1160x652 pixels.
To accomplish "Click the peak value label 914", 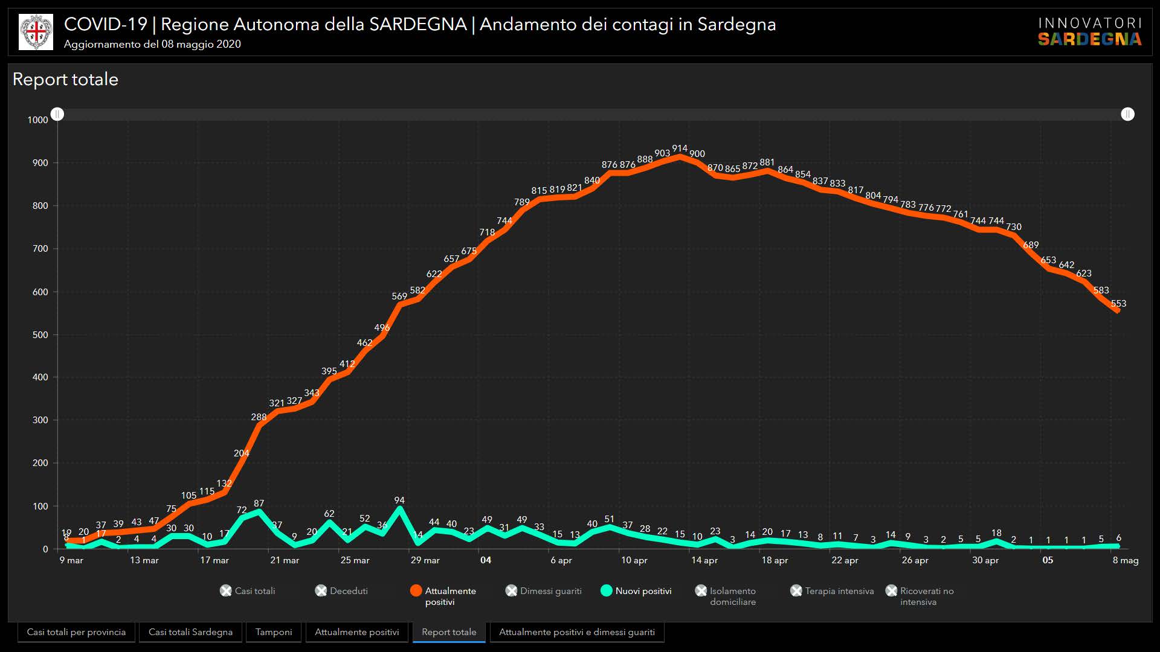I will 680,149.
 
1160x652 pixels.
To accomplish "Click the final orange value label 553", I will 1118,304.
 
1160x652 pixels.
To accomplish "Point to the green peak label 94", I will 399,500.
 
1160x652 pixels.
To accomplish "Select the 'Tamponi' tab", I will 274,632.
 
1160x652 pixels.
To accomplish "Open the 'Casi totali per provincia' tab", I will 76,632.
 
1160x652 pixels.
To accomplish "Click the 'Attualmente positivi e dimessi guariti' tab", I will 576,632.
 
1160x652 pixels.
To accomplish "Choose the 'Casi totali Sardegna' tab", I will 190,632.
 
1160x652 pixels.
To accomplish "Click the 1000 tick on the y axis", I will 37,120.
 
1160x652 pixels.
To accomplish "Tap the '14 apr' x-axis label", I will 704,560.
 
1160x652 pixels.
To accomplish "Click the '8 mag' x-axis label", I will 1126,560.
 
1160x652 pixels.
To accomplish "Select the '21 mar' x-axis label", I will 285,560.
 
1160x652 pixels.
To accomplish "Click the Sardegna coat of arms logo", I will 36,32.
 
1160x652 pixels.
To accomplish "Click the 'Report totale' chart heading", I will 65,80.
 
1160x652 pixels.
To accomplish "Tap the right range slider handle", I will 1127,114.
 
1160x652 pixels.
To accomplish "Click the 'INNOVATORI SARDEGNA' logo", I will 1090,32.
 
